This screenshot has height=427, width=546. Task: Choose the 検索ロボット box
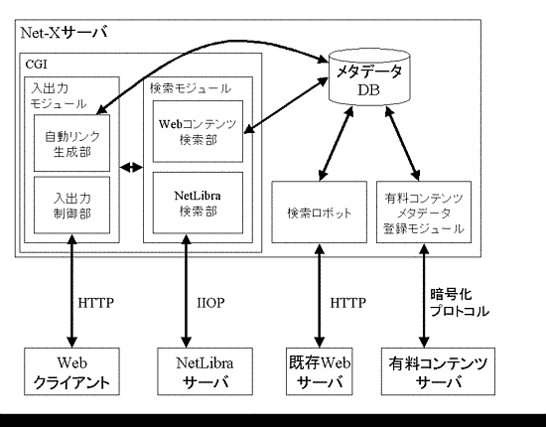319,213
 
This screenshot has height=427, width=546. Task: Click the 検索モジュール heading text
190,88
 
